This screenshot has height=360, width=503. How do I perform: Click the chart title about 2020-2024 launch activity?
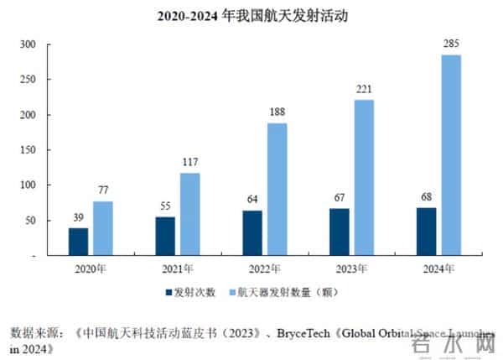[252, 16]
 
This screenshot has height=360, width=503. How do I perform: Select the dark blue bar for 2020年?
[78, 241]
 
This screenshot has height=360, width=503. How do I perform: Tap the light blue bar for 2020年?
[103, 227]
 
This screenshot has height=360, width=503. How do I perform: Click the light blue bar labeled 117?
[189, 213]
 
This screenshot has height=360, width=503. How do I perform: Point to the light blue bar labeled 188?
[277, 189]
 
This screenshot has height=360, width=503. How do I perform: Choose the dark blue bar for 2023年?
[340, 231]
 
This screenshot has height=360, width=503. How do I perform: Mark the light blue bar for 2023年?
[364, 177]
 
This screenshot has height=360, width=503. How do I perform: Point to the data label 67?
[340, 198]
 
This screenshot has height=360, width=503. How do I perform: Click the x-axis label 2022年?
[265, 268]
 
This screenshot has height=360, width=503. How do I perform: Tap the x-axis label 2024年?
[438, 268]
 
